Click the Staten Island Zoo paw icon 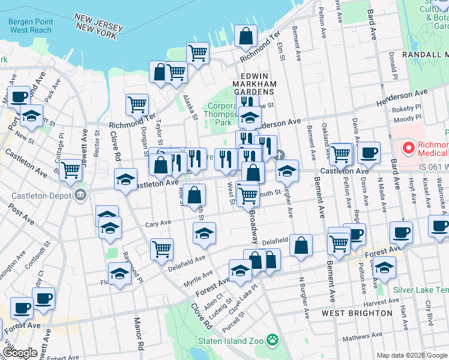[274, 341]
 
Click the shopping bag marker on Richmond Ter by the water [246, 37]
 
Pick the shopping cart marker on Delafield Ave [161, 248]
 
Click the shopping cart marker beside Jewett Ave [71, 170]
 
